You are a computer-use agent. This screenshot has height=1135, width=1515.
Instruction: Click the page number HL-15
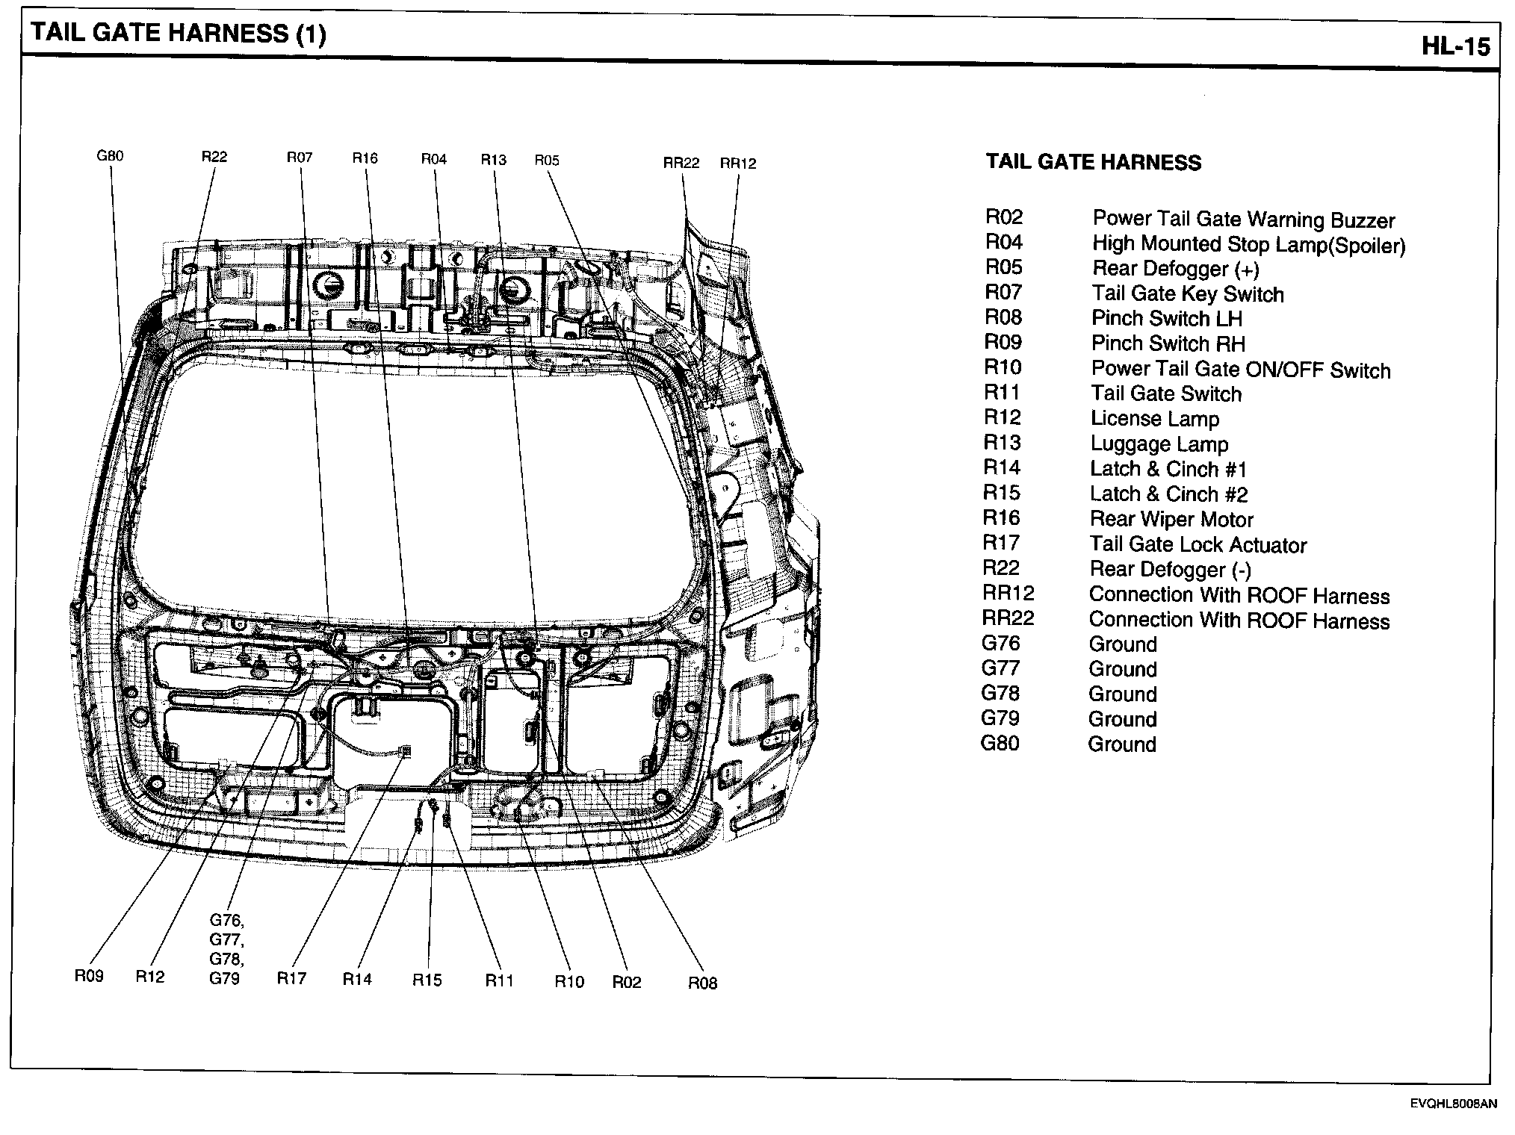click(x=1455, y=46)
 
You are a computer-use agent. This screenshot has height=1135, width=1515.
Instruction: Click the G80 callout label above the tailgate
click(x=110, y=156)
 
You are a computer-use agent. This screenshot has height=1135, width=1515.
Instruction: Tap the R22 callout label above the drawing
click(x=214, y=157)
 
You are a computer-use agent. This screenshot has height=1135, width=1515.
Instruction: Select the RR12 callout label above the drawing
click(x=737, y=164)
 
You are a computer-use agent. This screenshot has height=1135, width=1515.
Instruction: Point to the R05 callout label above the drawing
click(x=547, y=161)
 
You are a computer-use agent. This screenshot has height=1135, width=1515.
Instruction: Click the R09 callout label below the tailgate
click(x=89, y=976)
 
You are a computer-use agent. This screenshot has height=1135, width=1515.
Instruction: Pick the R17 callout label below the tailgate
click(x=291, y=978)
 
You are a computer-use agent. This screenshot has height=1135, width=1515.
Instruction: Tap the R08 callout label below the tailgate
click(x=702, y=983)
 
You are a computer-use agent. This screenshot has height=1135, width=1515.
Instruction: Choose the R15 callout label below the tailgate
click(x=427, y=980)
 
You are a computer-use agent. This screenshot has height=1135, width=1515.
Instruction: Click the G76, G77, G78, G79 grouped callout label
click(x=226, y=948)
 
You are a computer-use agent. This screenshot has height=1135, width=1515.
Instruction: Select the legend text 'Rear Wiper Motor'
click(x=1171, y=520)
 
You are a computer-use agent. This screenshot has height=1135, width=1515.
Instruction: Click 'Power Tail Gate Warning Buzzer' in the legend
click(x=1243, y=220)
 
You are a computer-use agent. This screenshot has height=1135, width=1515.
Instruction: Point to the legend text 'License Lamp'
click(x=1154, y=420)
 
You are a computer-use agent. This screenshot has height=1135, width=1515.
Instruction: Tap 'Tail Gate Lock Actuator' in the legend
click(x=1198, y=545)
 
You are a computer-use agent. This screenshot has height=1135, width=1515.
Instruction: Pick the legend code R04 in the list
click(x=1003, y=242)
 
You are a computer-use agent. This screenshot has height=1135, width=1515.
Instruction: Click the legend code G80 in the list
click(x=1000, y=744)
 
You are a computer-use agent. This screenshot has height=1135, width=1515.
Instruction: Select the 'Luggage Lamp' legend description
click(x=1159, y=444)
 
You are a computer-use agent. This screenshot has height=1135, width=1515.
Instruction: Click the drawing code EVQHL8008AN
click(x=1454, y=1104)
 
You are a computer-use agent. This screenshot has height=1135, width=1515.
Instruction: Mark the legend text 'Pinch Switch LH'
click(x=1166, y=319)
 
